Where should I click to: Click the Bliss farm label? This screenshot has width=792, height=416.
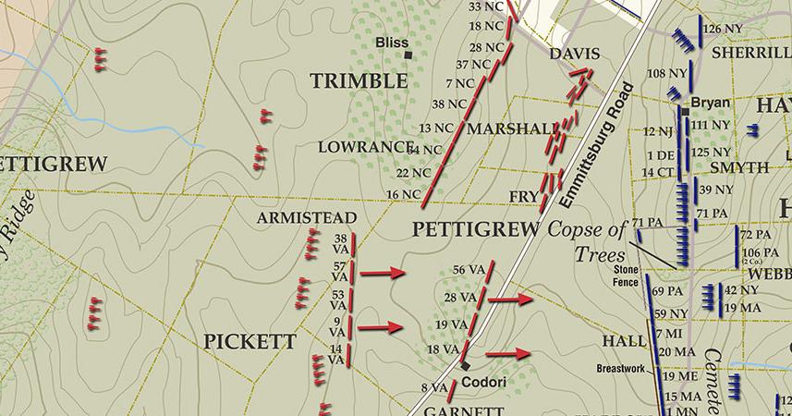392,43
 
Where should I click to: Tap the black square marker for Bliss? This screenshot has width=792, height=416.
407,55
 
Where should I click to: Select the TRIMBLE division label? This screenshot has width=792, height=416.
359,81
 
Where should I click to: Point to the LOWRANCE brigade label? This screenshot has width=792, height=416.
363,147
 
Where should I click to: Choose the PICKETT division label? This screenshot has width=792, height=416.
250,342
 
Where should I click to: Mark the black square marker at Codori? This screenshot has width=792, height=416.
465,366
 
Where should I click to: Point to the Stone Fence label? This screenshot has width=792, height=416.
626,275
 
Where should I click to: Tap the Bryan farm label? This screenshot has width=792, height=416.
710,103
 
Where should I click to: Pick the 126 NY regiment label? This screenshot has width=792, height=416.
724,29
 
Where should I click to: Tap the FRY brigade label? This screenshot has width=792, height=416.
524,196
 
